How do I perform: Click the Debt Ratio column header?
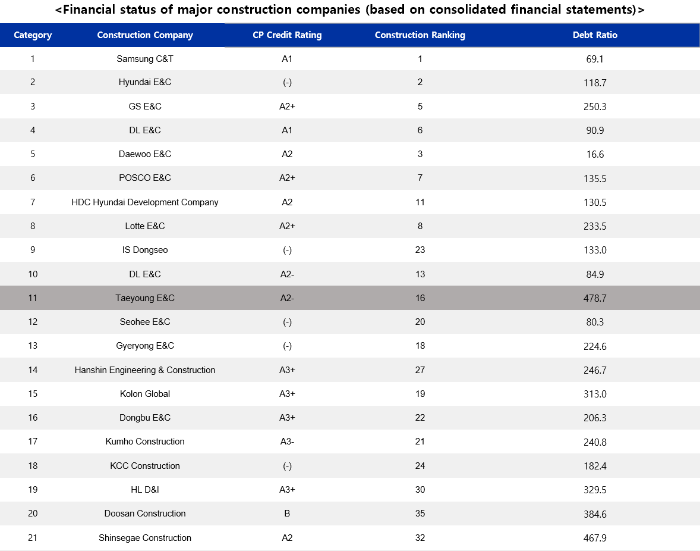coord(595,35)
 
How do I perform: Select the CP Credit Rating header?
coord(287,35)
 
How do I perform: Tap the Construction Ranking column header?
coord(420,35)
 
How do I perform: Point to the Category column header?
coord(33,35)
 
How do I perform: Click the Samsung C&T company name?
coord(144,59)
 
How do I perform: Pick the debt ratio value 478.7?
coord(595,298)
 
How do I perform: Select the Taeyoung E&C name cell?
coord(144,298)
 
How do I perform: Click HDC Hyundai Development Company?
coord(144,202)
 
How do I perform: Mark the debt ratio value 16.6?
coord(595,154)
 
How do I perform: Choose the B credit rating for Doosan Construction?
coord(287,514)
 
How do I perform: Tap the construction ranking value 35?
coord(420,514)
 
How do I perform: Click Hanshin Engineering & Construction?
coord(144,370)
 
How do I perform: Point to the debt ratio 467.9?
coord(595,538)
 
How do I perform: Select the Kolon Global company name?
coord(144,394)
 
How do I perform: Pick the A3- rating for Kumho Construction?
coord(287,442)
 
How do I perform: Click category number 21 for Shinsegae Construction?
coord(33,537)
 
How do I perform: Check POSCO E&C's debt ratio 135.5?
coord(595,179)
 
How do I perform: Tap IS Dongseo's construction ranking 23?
coord(420,250)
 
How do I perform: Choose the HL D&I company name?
coord(144,490)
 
